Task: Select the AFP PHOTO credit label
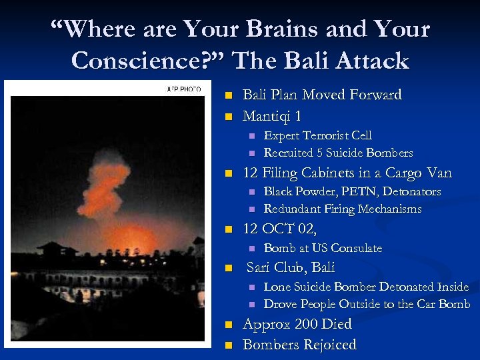tap(183, 89)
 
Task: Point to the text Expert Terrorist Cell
tap(318, 135)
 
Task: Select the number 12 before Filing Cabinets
tap(251, 173)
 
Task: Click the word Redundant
tap(292, 209)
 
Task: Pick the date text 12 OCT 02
tap(279, 229)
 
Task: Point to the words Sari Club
tap(276, 268)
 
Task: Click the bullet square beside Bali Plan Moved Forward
tap(229, 95)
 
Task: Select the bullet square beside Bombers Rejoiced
tap(229, 345)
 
